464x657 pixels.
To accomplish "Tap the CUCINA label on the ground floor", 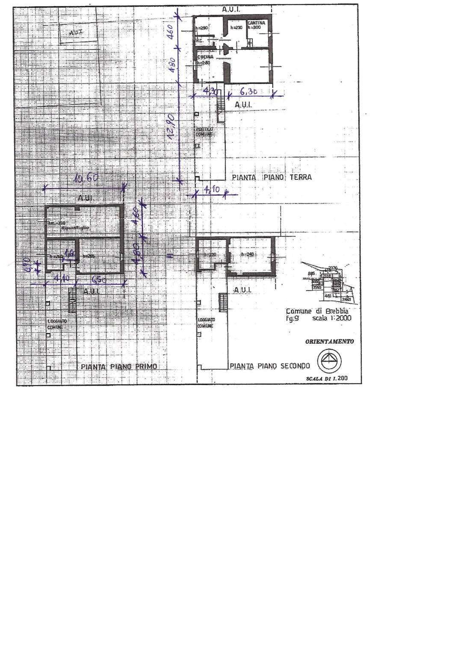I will tap(205, 57).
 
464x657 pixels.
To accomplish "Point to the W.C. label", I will tap(199, 41).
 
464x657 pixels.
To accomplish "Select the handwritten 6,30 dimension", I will tap(248, 91).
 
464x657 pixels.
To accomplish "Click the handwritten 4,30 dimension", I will tap(210, 91).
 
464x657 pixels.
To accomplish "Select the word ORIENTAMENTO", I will tap(329, 342).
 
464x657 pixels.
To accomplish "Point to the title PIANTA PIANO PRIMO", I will tap(118, 367).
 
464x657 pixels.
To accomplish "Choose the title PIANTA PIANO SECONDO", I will tap(270, 366).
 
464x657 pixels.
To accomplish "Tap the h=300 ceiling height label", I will tap(254, 27).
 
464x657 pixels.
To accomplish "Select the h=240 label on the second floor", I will tap(248, 255).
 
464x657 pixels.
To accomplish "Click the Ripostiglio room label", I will tap(75, 228).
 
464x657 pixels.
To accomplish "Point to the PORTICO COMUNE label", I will tap(204, 131).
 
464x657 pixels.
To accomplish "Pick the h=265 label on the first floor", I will tap(89, 256).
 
